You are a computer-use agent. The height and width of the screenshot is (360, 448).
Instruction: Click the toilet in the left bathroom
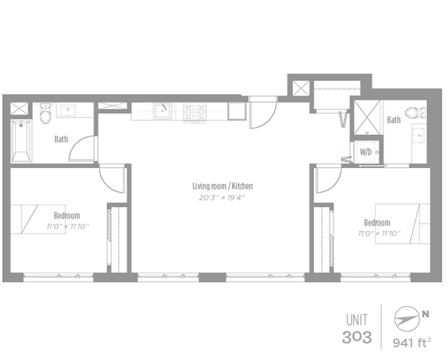tap(45, 113)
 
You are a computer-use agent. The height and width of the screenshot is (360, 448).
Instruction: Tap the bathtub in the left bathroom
tap(21, 141)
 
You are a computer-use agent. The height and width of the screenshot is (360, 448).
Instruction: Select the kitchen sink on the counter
tap(163, 111)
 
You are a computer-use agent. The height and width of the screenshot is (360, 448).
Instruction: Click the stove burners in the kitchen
tap(195, 112)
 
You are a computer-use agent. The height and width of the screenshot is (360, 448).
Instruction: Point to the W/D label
tap(366, 152)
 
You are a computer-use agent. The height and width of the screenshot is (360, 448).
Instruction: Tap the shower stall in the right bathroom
tap(367, 117)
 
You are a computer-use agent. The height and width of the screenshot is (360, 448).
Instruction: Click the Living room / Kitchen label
tap(223, 186)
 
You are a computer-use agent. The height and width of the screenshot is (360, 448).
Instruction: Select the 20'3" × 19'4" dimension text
tap(223, 197)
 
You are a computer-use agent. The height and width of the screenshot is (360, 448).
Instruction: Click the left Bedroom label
tap(67, 215)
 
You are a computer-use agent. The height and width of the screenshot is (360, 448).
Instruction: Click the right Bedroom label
tap(377, 223)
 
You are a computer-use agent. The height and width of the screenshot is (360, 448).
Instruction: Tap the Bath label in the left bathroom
tap(61, 139)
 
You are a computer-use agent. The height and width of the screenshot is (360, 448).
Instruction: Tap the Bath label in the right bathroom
tap(394, 120)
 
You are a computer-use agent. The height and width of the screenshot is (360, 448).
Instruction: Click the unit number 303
tap(357, 337)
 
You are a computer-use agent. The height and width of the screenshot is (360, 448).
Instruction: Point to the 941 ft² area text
tap(412, 342)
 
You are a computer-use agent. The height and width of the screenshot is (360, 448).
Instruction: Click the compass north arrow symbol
tap(406, 319)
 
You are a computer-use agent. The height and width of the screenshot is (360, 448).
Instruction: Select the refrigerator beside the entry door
tap(237, 111)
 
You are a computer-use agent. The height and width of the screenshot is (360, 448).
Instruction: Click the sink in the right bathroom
tap(419, 134)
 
